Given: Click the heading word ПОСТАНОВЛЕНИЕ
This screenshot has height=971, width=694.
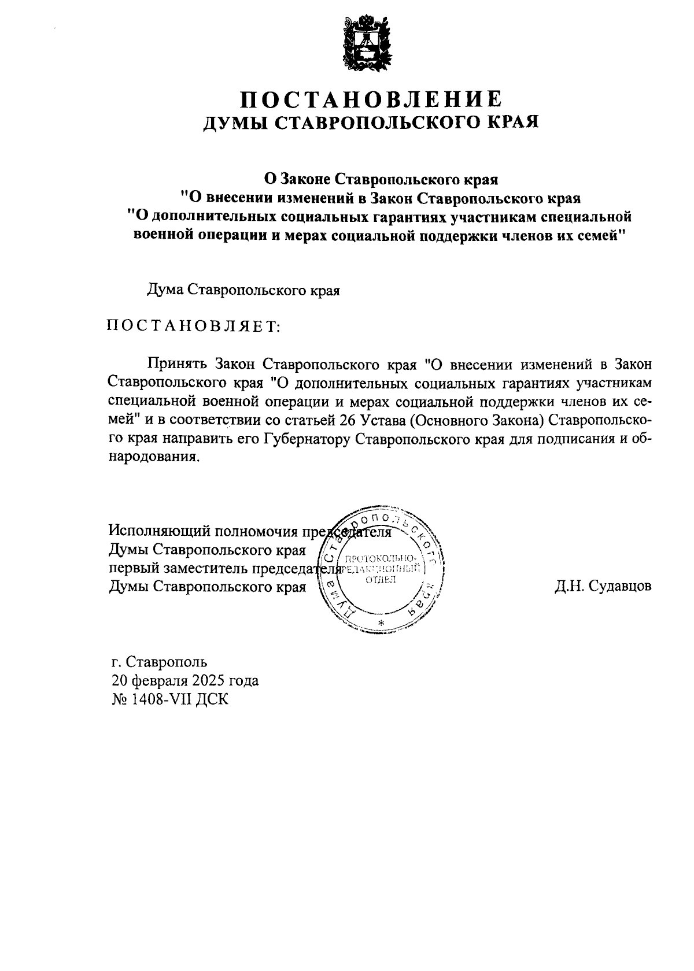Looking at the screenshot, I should (x=371, y=99).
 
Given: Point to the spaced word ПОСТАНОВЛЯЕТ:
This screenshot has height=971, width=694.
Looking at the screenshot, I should (x=193, y=327).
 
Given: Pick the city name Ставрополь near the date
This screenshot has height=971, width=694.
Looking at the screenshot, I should (x=166, y=662).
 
